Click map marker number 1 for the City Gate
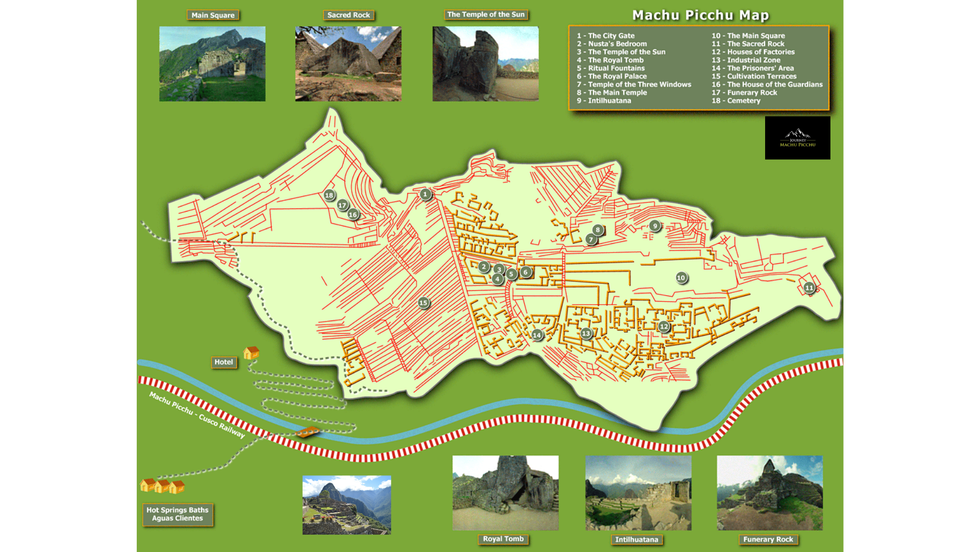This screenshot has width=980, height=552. click(425, 194)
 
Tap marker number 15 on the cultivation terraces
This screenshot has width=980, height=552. click(423, 303)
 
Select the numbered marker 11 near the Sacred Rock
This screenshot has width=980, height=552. click(809, 288)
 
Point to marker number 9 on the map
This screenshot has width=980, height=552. click(655, 225)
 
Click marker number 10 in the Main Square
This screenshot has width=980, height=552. click(681, 278)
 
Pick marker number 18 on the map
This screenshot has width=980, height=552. click(329, 195)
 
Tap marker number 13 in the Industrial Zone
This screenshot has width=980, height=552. click(586, 334)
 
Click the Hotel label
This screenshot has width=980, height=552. click(224, 362)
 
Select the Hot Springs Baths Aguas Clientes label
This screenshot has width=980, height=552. click(178, 514)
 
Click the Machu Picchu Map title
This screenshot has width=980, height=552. click(700, 15)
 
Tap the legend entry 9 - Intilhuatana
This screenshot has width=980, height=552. click(604, 101)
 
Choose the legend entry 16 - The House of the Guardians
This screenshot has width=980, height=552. click(767, 84)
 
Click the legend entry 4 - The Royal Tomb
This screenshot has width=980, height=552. click(610, 60)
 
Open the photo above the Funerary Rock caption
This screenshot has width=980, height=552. click(770, 493)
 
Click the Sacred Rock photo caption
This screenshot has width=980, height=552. click(349, 15)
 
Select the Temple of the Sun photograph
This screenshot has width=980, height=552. click(485, 64)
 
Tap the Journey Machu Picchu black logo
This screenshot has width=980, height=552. click(797, 138)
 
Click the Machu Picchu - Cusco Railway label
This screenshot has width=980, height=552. click(197, 415)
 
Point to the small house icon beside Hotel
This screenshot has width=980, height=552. click(251, 353)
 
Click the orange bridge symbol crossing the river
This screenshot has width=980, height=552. click(307, 432)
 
